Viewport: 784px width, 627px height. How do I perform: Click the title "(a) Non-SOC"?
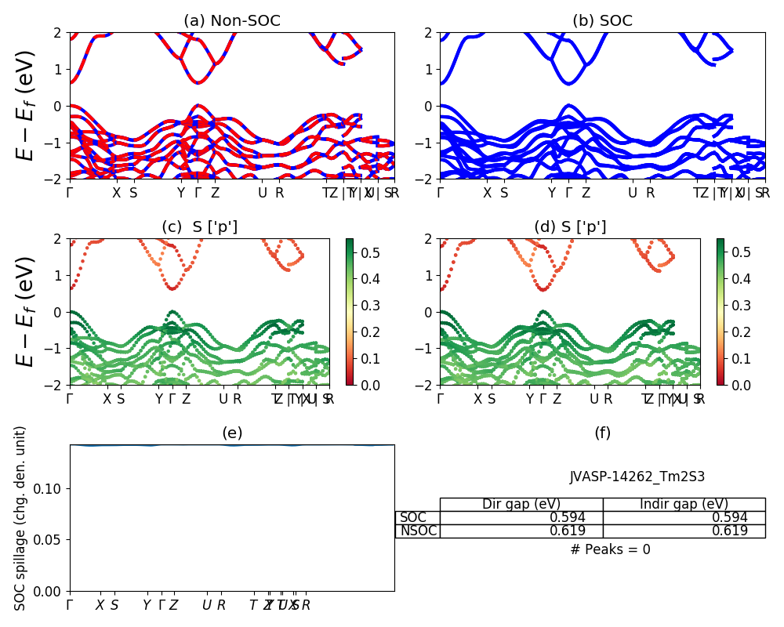[x=232, y=21]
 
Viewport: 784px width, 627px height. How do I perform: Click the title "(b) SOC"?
[x=602, y=21]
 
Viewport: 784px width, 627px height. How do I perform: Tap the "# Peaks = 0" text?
[x=610, y=549]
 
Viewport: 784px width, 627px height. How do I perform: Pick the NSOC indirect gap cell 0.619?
[x=729, y=531]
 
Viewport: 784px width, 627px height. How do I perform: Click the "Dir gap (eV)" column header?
[x=521, y=504]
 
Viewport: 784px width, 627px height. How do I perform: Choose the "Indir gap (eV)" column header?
[x=684, y=504]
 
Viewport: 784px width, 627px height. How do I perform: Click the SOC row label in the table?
[x=414, y=517]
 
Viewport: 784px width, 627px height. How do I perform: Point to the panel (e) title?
[x=232, y=433]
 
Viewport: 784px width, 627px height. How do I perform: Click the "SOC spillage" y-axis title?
[x=21, y=518]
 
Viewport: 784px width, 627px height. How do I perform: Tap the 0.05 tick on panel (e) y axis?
[x=50, y=540]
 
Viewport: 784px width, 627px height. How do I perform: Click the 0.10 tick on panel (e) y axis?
[x=50, y=489]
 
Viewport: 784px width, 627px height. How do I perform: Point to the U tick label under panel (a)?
[x=263, y=193]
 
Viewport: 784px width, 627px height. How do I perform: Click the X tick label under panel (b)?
[x=487, y=193]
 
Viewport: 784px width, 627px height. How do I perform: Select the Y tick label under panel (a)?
[x=180, y=193]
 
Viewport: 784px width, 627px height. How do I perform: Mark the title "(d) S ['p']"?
[x=570, y=227]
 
